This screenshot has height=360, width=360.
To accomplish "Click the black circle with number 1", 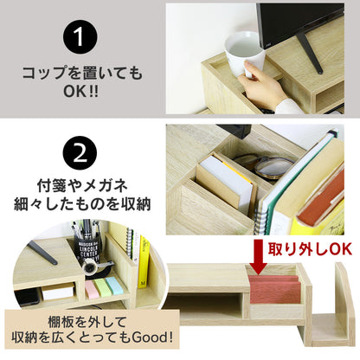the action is [80, 36].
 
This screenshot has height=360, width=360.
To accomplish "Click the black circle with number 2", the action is [80, 153].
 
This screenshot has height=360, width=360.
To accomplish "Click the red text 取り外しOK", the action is [310, 249].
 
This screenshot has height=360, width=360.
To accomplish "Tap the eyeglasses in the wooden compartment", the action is [266, 167].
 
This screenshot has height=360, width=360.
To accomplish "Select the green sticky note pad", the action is [100, 286].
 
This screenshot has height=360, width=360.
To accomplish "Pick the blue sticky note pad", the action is [112, 285].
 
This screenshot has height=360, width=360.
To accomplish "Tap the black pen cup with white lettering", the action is [87, 249].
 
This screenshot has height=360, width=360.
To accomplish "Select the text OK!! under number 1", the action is [80, 91].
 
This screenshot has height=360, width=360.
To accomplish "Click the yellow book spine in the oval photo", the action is [144, 262].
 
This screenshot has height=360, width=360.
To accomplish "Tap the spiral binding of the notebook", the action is [260, 219].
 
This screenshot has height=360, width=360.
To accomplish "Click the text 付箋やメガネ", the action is [82, 185].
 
